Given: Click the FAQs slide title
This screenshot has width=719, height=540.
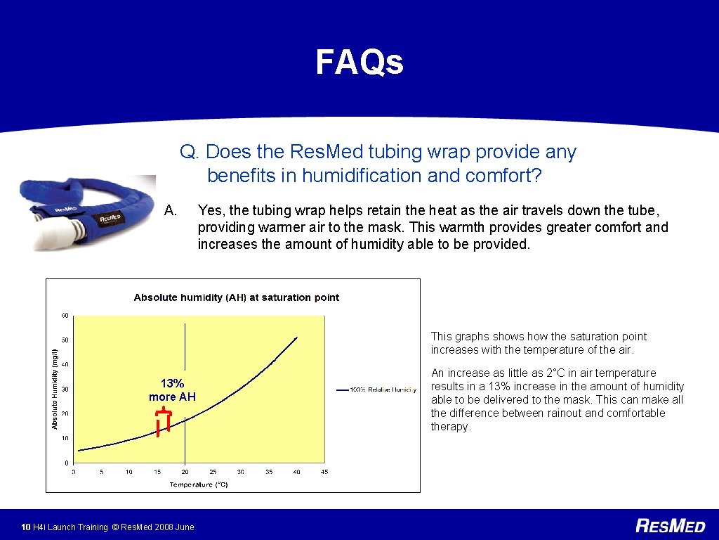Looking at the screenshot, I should click(359, 62).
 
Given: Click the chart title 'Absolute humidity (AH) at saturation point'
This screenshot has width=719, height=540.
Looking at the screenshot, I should click(236, 297).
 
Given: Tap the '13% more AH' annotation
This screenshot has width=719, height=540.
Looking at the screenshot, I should click(172, 390).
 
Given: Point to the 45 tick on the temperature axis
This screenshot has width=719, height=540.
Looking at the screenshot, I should click(324, 472).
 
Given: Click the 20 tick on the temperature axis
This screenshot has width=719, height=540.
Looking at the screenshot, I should click(185, 472).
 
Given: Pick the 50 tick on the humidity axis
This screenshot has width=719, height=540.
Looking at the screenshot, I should click(65, 340).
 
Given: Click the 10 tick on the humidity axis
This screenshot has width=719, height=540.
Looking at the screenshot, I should click(65, 438).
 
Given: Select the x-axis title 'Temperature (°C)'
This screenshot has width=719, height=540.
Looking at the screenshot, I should click(199, 484).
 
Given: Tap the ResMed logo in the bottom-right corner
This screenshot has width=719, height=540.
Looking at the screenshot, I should click(670, 526).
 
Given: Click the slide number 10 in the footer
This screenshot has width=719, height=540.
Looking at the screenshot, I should click(25, 527).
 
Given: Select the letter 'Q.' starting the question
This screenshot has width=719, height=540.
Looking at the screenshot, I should click(190, 152).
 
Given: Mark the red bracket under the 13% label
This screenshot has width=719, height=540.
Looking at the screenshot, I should click(164, 420).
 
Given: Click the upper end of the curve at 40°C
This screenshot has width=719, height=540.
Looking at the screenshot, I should click(297, 337).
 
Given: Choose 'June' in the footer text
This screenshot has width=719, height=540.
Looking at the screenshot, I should click(183, 527).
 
